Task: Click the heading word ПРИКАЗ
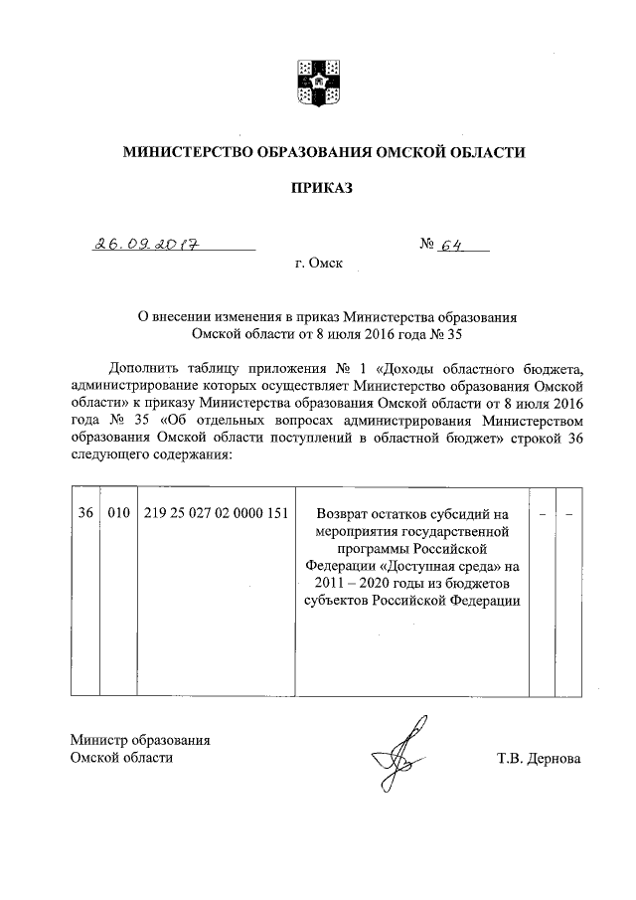(x=321, y=186)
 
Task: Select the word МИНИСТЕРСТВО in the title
(x=186, y=152)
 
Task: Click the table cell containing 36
(x=85, y=513)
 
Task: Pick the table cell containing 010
(x=118, y=513)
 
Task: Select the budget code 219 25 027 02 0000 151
(x=216, y=513)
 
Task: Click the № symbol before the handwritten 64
(x=430, y=242)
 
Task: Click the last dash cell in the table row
(x=569, y=514)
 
